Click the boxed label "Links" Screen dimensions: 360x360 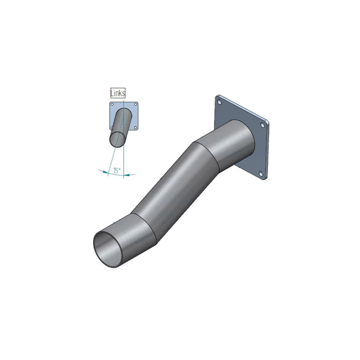pos(118,93)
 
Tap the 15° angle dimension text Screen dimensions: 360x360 pos(117,171)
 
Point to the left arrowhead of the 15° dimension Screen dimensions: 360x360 pos(105,172)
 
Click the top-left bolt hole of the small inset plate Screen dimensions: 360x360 pos(112,105)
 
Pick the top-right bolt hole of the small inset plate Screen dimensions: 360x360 pos(135,105)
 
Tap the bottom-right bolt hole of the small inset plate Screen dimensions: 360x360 pos(135,127)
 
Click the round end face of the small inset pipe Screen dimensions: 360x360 pos(118,139)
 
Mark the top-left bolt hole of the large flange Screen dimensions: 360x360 pos(220,102)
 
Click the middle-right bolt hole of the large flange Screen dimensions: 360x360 pos(263,125)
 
